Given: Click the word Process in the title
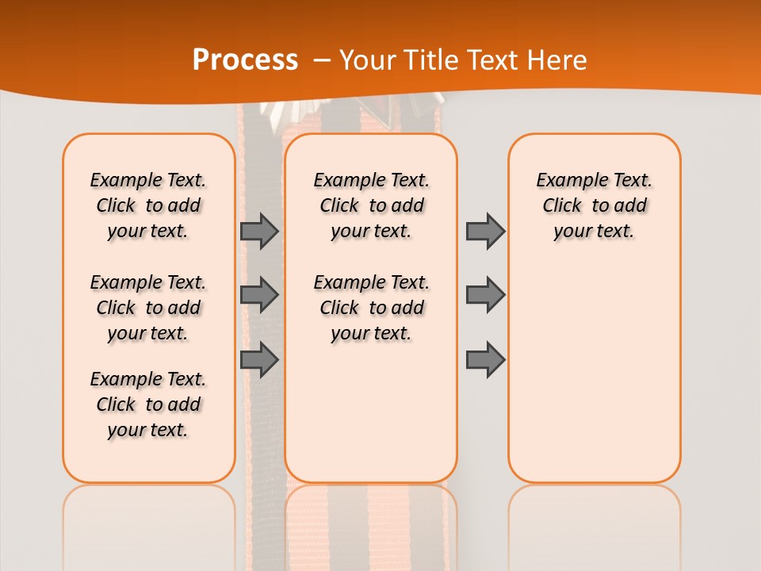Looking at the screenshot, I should coord(245,59).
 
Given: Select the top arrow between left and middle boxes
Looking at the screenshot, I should coord(259,231).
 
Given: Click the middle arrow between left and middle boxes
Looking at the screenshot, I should coord(259,295).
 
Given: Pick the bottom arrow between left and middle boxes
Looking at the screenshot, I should coord(259,359).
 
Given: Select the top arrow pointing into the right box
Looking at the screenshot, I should coord(485,231).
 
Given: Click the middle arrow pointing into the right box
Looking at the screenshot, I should coord(485,295).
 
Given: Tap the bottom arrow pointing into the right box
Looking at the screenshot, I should coord(485,359).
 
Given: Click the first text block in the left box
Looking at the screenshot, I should coord(148,205).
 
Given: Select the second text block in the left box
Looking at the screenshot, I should coord(148,308).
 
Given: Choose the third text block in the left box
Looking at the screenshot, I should coord(148,404).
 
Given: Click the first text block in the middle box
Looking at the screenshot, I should coord(371,205).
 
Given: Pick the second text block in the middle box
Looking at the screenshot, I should coord(371,308).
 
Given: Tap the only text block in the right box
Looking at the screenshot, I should coord(594,205).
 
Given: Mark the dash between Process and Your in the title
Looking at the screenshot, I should coord(322,59).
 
